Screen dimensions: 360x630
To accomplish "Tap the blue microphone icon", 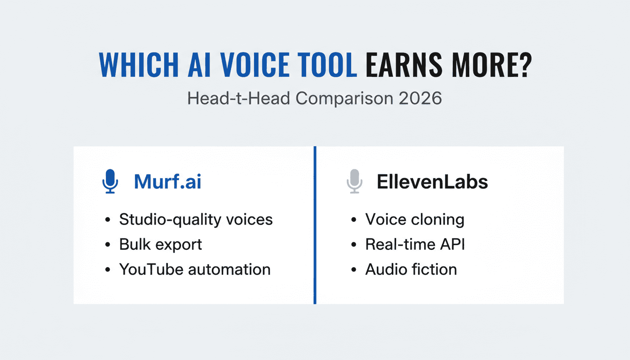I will [110, 181].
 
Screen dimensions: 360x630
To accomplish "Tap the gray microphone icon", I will [354, 181].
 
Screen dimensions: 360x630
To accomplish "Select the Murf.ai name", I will [167, 182].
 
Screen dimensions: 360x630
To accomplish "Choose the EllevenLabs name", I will [432, 182].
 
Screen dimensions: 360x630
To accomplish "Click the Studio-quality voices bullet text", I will [196, 219].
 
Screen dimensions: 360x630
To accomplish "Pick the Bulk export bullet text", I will [160, 244].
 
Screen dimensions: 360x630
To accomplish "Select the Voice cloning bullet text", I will [415, 219].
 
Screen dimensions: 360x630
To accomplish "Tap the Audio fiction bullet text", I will [411, 270].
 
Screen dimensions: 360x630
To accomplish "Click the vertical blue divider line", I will [315, 225].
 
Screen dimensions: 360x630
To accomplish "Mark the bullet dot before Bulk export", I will [108, 245].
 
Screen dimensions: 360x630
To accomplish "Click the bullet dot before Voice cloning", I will [353, 220].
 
